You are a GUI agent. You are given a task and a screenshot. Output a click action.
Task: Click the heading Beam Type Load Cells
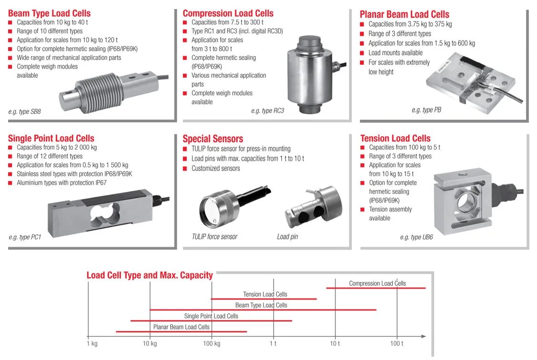click(49, 13)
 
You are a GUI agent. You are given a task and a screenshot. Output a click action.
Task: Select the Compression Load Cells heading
click(228, 13)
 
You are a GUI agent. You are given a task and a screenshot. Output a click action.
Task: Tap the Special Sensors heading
click(213, 139)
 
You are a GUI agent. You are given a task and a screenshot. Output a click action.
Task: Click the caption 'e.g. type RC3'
click(268, 111)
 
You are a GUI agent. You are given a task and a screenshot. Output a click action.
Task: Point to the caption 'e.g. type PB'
click(426, 110)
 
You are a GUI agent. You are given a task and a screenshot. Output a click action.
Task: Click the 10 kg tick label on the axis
click(149, 343)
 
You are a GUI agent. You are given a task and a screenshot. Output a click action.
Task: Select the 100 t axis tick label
click(397, 343)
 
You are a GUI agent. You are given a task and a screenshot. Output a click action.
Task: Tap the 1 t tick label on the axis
click(273, 343)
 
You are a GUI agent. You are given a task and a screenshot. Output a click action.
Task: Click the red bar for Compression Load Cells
click(376, 288)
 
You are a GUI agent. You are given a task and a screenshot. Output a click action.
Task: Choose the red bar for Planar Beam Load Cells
click(181, 331)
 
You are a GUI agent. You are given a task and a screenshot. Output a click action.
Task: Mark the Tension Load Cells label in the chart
click(265, 294)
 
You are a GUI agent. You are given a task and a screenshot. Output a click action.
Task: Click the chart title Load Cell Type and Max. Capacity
click(149, 275)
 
